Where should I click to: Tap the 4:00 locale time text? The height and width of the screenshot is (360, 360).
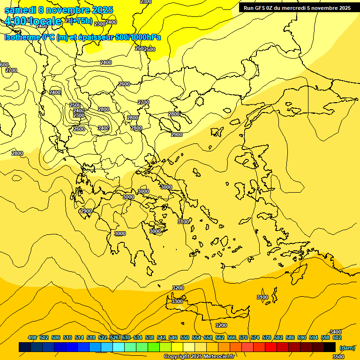pos(33,21)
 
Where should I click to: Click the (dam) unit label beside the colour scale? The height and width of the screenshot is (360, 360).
pos(347,347)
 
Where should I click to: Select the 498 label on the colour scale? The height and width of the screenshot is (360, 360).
pos(32,337)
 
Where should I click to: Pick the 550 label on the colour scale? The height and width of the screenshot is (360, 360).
pos(185,337)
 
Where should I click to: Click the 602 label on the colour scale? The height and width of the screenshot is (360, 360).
pos(337,337)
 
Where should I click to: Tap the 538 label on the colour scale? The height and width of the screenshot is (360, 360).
pos(150,337)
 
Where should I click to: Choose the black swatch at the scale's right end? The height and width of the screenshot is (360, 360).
pos(330,347)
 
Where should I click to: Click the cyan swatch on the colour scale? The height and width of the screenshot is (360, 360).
pos(119,347)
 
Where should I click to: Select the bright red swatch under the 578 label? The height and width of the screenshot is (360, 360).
pos(271,347)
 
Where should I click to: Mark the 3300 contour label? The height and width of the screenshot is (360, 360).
pos(177,301)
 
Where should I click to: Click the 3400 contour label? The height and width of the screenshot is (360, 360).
pos(336,332)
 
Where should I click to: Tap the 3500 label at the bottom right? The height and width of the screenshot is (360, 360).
pos(338,357)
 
